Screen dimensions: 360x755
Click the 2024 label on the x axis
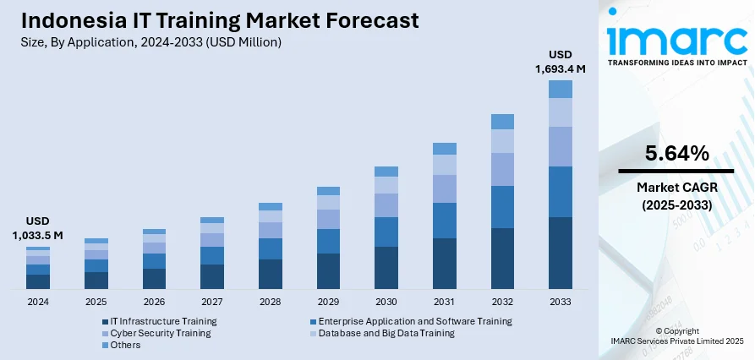click(37, 302)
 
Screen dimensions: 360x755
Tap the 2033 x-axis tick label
click(561, 302)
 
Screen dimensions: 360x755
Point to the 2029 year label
click(328, 302)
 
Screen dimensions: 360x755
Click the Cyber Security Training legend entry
click(160, 333)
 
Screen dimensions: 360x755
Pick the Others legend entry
click(125, 345)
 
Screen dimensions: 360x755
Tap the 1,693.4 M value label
click(561, 68)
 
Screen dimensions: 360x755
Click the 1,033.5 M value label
click(37, 235)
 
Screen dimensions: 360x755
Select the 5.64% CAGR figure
click(676, 154)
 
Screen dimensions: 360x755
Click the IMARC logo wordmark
click(676, 39)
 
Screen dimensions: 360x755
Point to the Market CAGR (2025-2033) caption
click(676, 197)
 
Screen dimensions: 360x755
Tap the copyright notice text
click(676, 335)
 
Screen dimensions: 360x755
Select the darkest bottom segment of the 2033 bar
click(561, 253)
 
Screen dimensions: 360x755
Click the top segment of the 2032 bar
click(502, 122)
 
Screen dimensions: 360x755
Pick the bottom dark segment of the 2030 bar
click(386, 267)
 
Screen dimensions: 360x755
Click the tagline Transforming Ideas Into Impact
click(676, 63)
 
